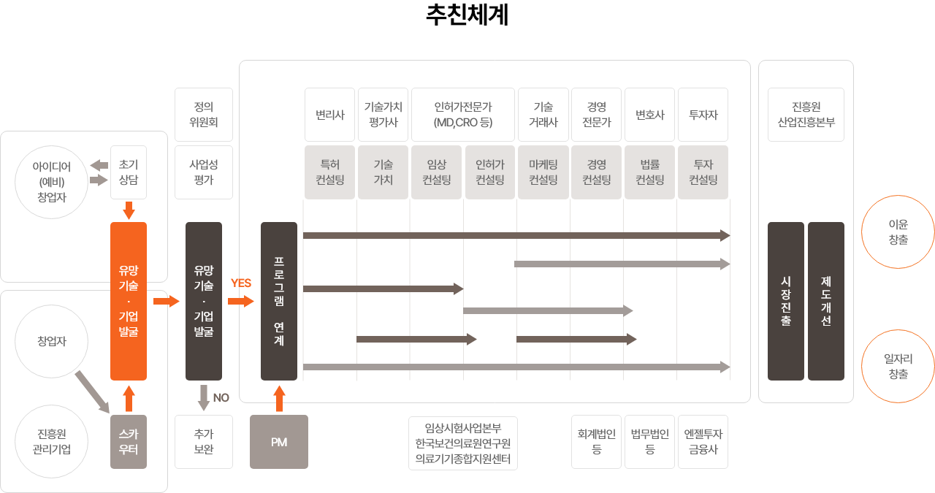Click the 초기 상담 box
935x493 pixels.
129,172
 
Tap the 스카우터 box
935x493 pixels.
129,442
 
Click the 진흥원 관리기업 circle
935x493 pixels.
52,442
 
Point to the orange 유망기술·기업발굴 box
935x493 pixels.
129,301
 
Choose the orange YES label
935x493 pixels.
241,283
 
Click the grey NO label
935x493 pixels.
221,398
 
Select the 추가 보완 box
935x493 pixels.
204,442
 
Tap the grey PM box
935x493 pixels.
279,442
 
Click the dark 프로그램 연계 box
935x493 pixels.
279,301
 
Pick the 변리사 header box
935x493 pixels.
329,115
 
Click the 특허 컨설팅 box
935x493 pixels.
329,172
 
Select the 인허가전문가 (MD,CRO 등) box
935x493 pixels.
463,115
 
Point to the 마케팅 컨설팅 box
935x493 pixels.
543,172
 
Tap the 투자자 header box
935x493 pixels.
703,115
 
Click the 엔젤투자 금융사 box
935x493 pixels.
703,442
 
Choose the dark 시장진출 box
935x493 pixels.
786,301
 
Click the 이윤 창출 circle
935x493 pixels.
898,232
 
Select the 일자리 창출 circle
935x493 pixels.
898,366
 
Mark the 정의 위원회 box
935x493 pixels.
204,115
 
